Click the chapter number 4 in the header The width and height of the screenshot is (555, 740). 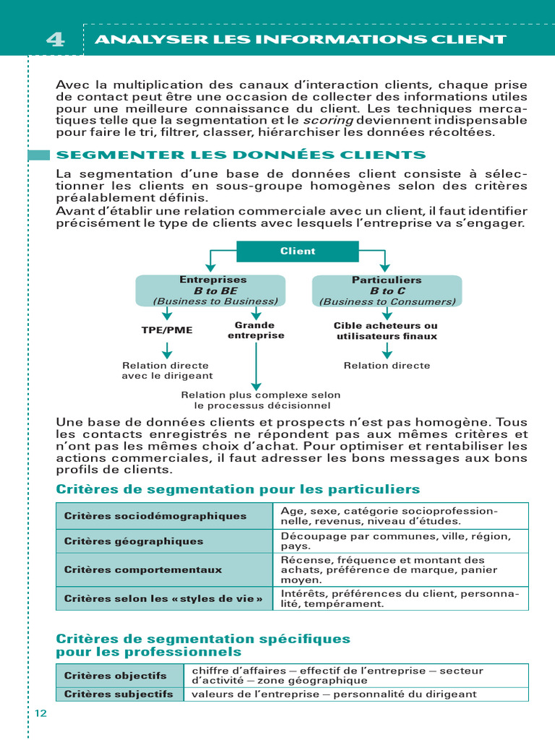55,40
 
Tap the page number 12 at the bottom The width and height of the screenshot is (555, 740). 40,713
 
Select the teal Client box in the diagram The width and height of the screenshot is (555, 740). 298,251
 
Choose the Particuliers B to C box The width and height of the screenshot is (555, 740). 387,291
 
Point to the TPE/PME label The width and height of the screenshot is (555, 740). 167,330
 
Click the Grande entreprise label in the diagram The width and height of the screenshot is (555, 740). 256,330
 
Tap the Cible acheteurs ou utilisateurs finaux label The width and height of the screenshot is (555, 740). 387,331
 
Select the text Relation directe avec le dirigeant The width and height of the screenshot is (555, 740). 167,370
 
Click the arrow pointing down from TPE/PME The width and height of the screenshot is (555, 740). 167,350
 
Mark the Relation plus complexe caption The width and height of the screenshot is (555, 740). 260,400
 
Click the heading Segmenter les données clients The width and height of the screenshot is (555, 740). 241,155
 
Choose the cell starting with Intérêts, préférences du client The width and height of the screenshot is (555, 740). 400,598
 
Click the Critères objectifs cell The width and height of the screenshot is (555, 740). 120,676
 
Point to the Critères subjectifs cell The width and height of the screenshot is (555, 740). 120,694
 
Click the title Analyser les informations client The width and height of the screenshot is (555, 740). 301,40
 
